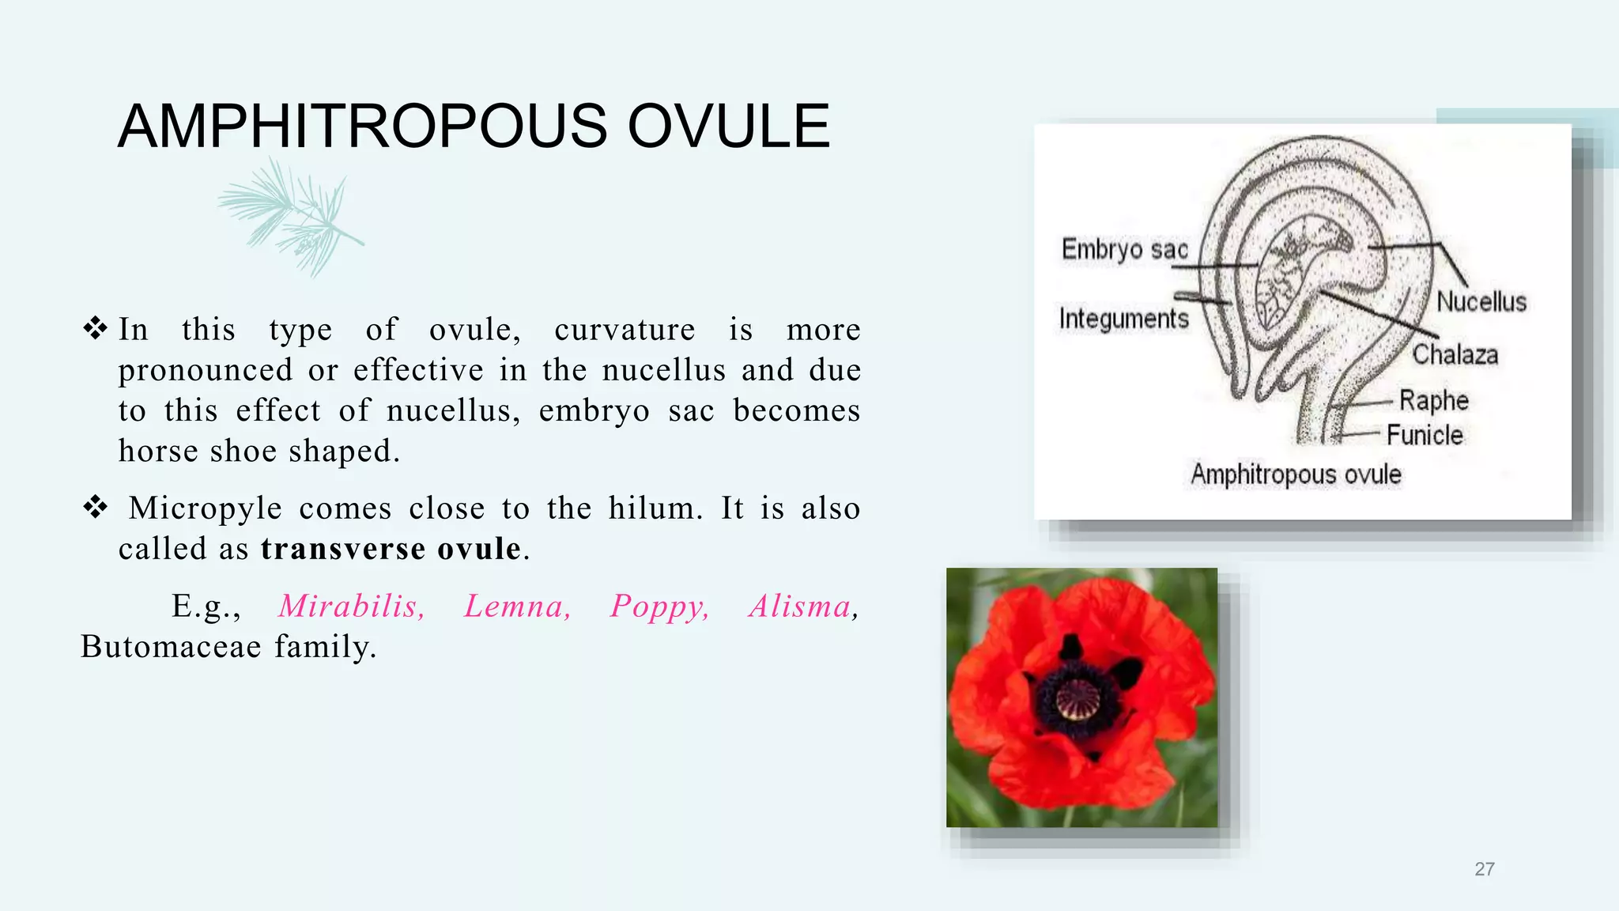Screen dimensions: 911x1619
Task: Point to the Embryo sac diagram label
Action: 1124,250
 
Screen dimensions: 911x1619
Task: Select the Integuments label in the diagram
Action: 1123,319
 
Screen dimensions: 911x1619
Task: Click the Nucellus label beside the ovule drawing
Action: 1481,302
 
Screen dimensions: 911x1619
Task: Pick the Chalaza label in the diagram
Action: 1455,354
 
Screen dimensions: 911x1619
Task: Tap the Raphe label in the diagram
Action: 1433,401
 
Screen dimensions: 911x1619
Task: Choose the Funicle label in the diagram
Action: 1425,435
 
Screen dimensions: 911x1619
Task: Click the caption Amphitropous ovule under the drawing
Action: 1296,474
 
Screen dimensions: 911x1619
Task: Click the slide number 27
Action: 1484,869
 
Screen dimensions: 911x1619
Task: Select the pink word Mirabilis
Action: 352,607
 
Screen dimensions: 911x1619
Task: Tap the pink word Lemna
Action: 517,607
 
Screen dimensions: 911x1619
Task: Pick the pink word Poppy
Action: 659,607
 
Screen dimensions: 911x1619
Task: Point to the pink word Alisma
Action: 801,607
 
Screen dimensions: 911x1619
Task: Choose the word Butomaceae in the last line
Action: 171,647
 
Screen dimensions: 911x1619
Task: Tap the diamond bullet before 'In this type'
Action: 95,328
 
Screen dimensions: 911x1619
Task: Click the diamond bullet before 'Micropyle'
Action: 95,507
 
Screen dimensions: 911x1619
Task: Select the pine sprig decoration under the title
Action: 291,215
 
